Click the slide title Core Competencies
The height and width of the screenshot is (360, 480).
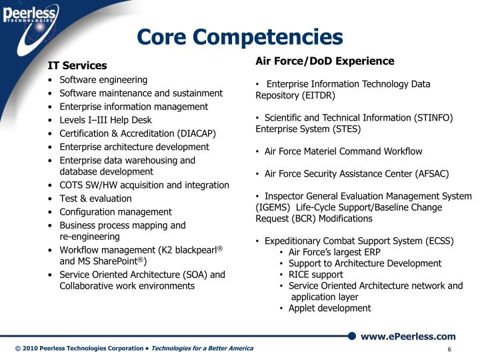tap(239, 37)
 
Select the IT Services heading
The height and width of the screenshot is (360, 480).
tap(77, 65)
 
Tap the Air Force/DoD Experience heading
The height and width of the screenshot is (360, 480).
tap(325, 61)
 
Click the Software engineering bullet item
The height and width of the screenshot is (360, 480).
tap(103, 79)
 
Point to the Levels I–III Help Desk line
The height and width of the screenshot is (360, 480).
tap(105, 120)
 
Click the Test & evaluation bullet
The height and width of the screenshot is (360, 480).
tap(95, 198)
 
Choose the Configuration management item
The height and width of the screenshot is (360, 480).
tap(115, 212)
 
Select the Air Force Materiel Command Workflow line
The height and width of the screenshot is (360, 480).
tap(343, 151)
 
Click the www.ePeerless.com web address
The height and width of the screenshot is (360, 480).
tap(408, 337)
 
